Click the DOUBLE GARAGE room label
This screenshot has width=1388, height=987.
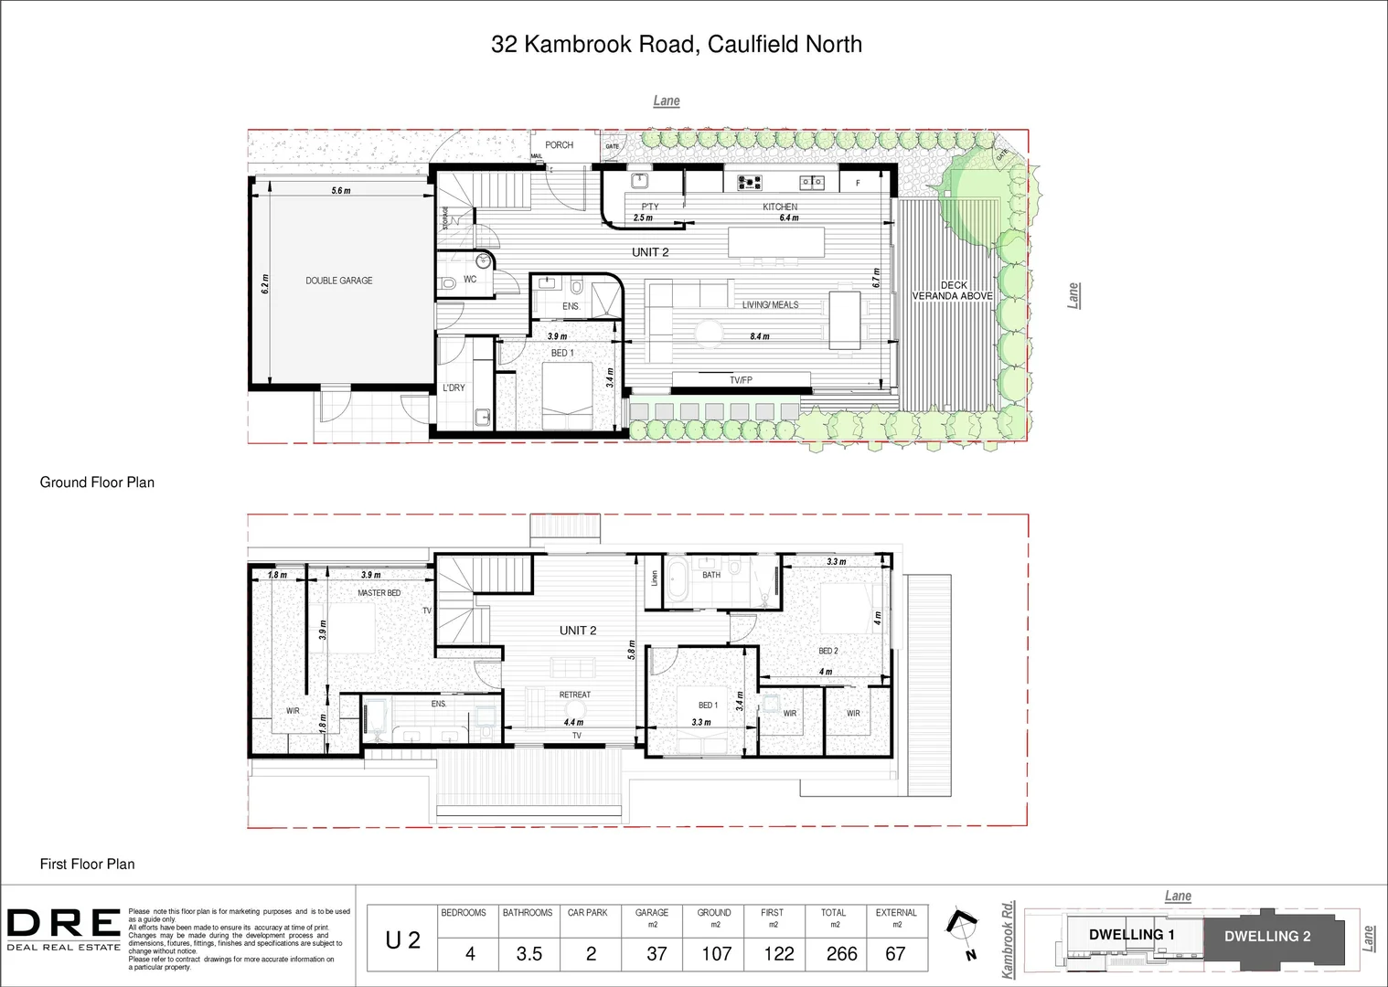(x=339, y=281)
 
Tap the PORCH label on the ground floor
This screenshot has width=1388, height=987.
(x=559, y=145)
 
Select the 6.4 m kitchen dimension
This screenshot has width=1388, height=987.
(x=788, y=218)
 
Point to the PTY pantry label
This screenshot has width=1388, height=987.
(x=649, y=207)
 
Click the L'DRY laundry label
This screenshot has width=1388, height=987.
(x=454, y=388)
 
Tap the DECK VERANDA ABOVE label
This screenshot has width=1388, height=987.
(x=953, y=291)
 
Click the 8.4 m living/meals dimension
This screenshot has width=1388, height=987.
(x=759, y=336)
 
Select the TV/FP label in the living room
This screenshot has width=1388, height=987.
(x=741, y=380)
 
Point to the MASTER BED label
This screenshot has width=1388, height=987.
(x=379, y=593)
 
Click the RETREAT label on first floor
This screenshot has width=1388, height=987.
(x=575, y=695)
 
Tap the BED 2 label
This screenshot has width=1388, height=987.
(x=827, y=652)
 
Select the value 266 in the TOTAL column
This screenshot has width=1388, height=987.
(x=841, y=954)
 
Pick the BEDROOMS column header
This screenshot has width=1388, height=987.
(x=464, y=913)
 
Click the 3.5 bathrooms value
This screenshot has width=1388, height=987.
(x=529, y=954)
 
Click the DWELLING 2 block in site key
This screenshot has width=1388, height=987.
(x=1267, y=936)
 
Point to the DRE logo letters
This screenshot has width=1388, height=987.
(x=64, y=924)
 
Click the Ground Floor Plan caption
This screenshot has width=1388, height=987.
(x=97, y=483)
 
